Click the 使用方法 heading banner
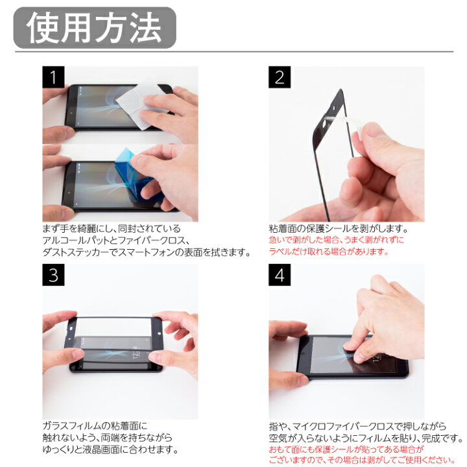click(95, 28)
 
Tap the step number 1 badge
click(53, 77)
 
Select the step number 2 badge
click(280, 77)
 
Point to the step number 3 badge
click(53, 275)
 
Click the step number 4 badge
click(280, 275)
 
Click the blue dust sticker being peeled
click(136, 174)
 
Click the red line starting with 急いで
click(336, 240)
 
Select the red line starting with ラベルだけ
click(329, 252)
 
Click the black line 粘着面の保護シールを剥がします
click(339, 229)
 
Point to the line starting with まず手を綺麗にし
click(112, 229)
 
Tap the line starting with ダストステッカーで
click(146, 252)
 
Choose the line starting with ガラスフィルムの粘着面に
click(95, 426)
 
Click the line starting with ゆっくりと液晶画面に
click(110, 449)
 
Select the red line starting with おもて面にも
click(346, 449)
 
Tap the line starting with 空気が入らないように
click(366, 438)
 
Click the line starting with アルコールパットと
click(116, 241)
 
